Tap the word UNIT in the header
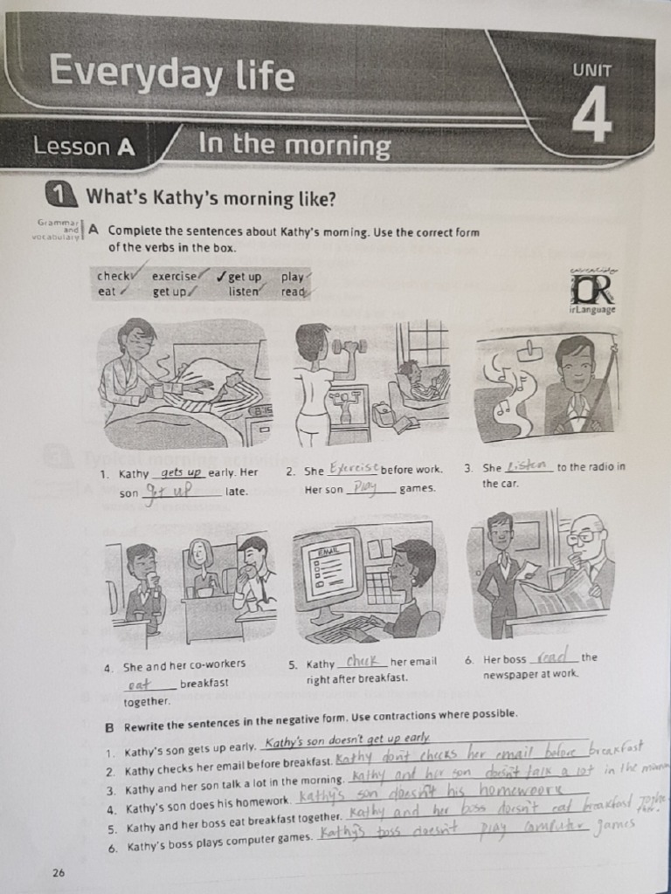click(591, 72)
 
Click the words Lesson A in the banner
click(84, 147)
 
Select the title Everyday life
click(171, 72)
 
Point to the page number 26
click(59, 871)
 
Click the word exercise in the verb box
click(174, 277)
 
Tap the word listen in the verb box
click(244, 292)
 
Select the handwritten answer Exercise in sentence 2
click(352, 469)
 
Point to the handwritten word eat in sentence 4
click(139, 684)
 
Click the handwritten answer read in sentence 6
click(554, 657)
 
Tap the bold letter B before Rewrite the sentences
click(109, 726)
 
